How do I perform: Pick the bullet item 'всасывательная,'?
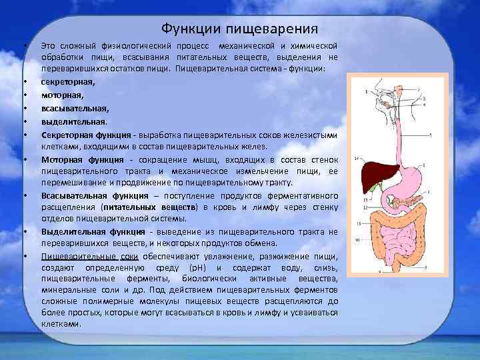[75, 108]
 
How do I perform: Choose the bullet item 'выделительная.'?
[73, 121]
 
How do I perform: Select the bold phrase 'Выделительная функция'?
[92, 231]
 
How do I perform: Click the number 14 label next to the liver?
[357, 158]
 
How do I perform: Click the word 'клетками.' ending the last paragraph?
[61, 324]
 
